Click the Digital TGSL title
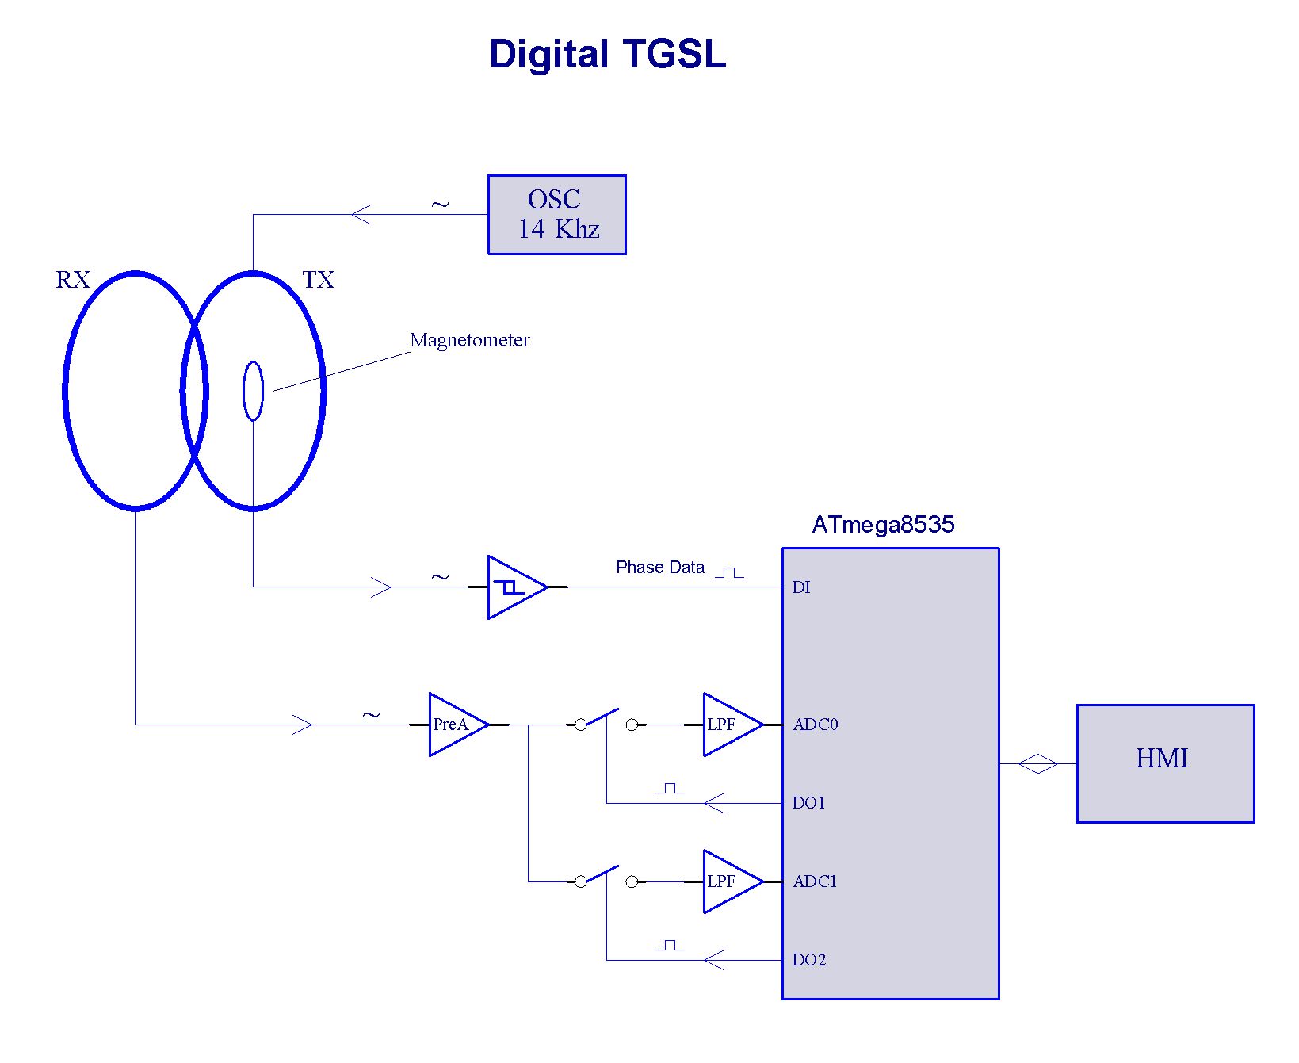(607, 55)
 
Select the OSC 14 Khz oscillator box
(556, 215)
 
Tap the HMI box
(1164, 763)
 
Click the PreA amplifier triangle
(453, 725)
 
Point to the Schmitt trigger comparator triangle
(513, 587)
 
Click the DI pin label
(801, 587)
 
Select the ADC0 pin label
(816, 725)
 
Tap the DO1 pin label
(808, 803)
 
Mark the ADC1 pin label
(815, 881)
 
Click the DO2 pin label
(808, 960)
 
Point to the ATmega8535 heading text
(883, 525)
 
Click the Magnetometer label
(469, 340)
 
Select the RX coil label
(73, 280)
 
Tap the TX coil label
(319, 280)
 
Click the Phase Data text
(660, 568)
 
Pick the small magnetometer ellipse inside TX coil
(253, 391)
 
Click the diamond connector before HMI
(1037, 764)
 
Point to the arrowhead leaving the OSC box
(361, 215)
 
